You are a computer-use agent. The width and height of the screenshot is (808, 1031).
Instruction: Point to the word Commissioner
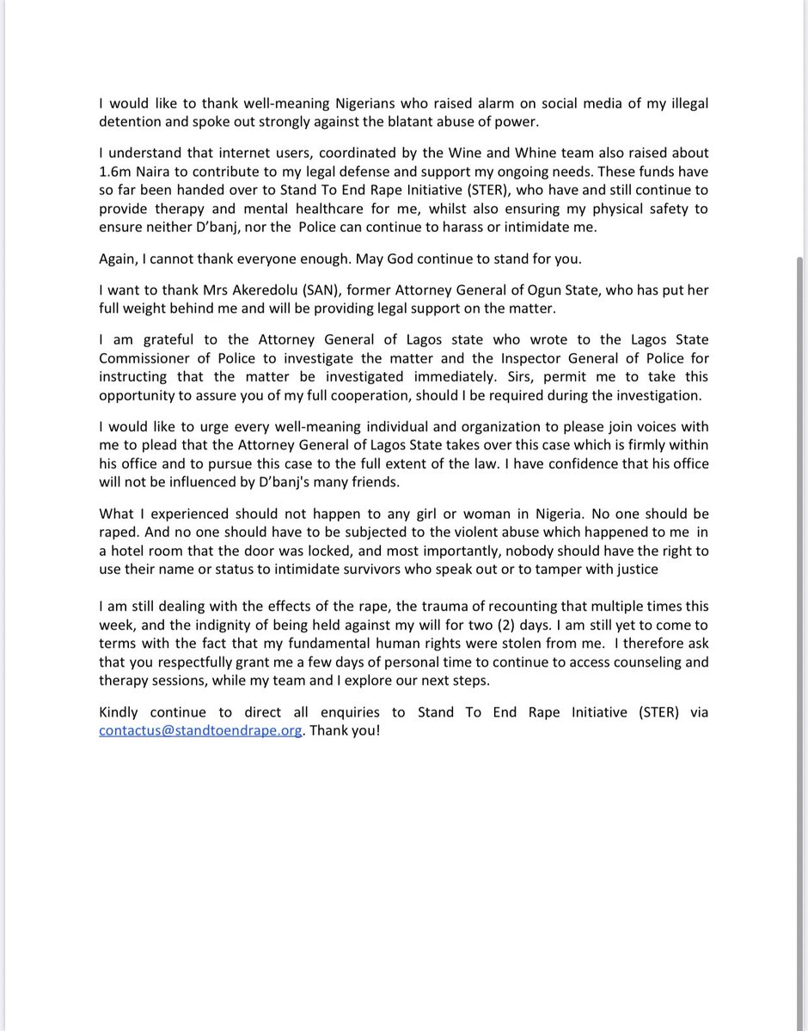pyautogui.click(x=146, y=357)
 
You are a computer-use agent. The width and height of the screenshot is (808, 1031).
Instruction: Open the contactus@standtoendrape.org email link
pyautogui.click(x=200, y=729)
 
